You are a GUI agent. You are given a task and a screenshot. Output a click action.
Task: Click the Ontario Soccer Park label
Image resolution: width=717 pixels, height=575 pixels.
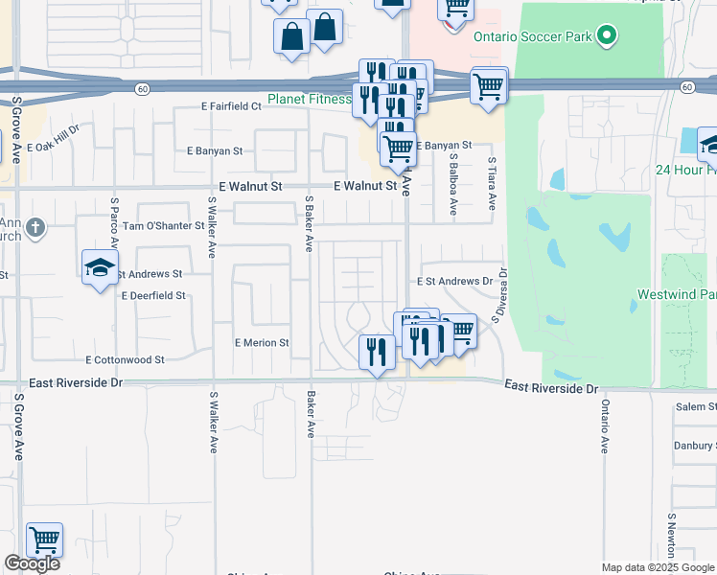[532, 37]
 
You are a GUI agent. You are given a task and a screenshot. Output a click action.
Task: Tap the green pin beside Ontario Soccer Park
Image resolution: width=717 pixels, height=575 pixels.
[605, 37]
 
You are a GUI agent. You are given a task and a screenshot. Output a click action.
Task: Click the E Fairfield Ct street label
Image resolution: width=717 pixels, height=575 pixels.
[230, 106]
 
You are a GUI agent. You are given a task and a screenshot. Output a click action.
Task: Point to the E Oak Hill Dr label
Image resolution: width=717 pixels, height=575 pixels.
[54, 140]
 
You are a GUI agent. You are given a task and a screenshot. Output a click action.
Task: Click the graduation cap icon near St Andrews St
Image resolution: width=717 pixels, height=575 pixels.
[100, 268]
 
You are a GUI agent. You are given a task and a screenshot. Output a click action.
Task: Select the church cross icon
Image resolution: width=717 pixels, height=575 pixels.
[35, 228]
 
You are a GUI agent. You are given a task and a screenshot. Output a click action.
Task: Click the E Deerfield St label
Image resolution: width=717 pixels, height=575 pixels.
[153, 296]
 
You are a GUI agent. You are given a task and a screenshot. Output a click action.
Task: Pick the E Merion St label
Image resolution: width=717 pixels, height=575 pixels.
[262, 342]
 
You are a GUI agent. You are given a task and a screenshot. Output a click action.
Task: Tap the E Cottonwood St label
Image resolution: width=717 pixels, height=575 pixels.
[125, 360]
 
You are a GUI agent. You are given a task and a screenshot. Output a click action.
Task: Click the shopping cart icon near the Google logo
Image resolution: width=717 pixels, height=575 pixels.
[44, 540]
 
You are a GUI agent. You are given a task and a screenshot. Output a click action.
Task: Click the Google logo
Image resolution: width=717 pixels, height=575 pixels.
[32, 563]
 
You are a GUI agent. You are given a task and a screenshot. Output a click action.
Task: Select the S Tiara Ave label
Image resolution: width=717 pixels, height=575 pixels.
[492, 184]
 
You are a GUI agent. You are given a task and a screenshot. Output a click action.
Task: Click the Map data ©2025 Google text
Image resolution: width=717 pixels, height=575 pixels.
[658, 567]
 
